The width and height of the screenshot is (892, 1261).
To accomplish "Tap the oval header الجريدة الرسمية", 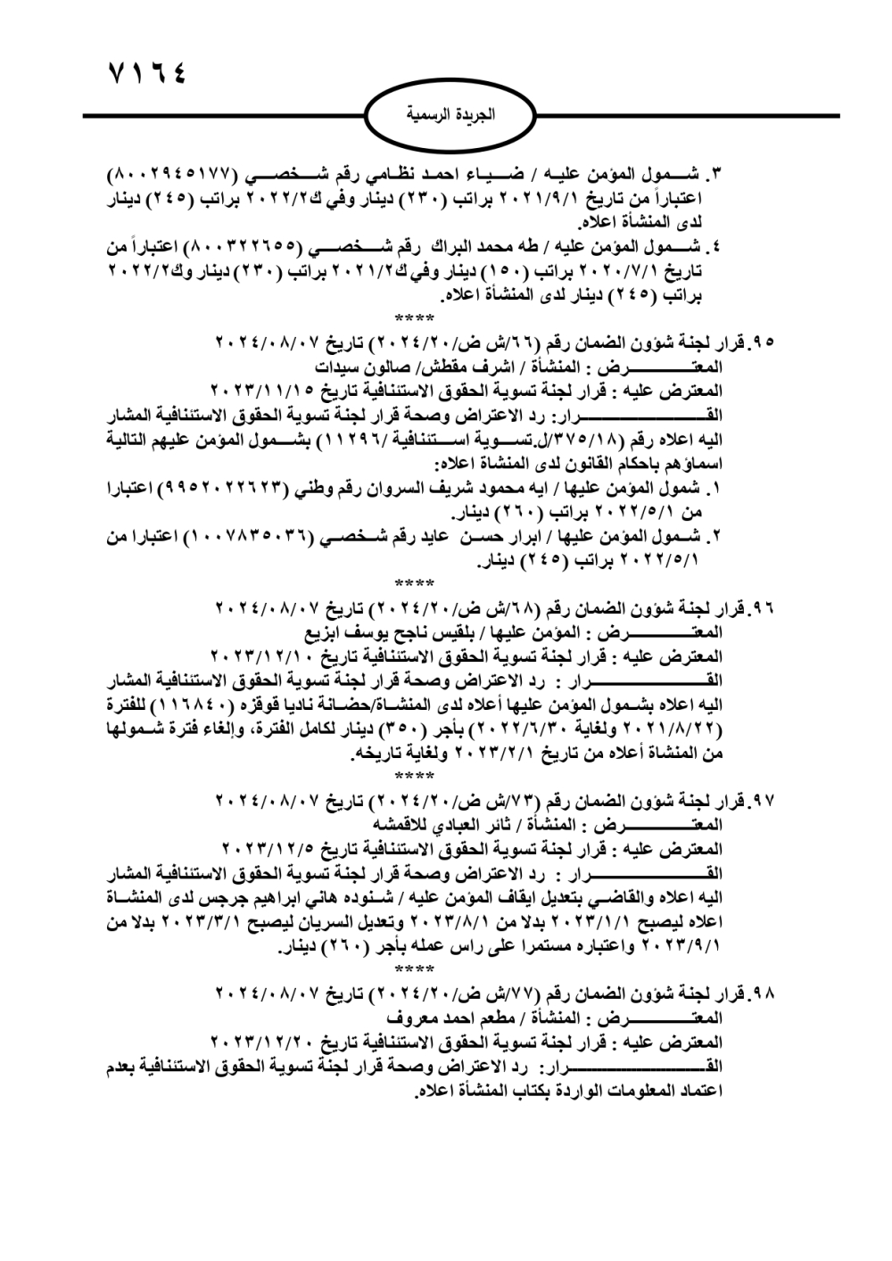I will click(x=450, y=116).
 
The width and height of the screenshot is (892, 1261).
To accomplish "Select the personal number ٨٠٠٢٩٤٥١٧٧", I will click(x=170, y=172).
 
